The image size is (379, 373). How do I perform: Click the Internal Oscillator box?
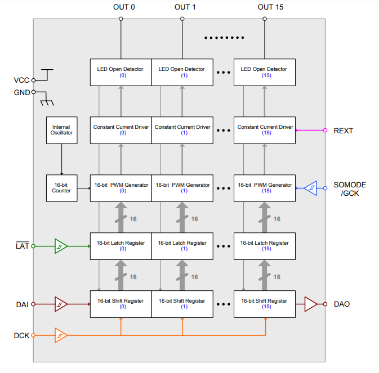[61, 131]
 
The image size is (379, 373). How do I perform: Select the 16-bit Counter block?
[61, 188]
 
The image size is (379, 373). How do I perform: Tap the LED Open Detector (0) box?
[121, 72]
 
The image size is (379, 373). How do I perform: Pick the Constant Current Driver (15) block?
[265, 131]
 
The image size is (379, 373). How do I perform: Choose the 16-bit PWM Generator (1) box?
[182, 188]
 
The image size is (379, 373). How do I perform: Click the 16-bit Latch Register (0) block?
[121, 246]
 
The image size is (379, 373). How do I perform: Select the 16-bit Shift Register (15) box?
[265, 304]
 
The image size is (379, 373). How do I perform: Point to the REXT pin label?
[344, 131]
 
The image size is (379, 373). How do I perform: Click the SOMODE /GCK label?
[349, 189]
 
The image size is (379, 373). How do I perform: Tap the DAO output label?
[342, 304]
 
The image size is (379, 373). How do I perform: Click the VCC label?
[21, 80]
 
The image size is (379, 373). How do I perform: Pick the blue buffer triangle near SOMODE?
[310, 188]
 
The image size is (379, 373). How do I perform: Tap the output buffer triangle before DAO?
[311, 304]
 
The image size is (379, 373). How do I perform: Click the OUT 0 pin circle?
[121, 19]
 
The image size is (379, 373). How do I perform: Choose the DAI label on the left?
[22, 304]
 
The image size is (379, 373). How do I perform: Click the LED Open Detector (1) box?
[182, 72]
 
